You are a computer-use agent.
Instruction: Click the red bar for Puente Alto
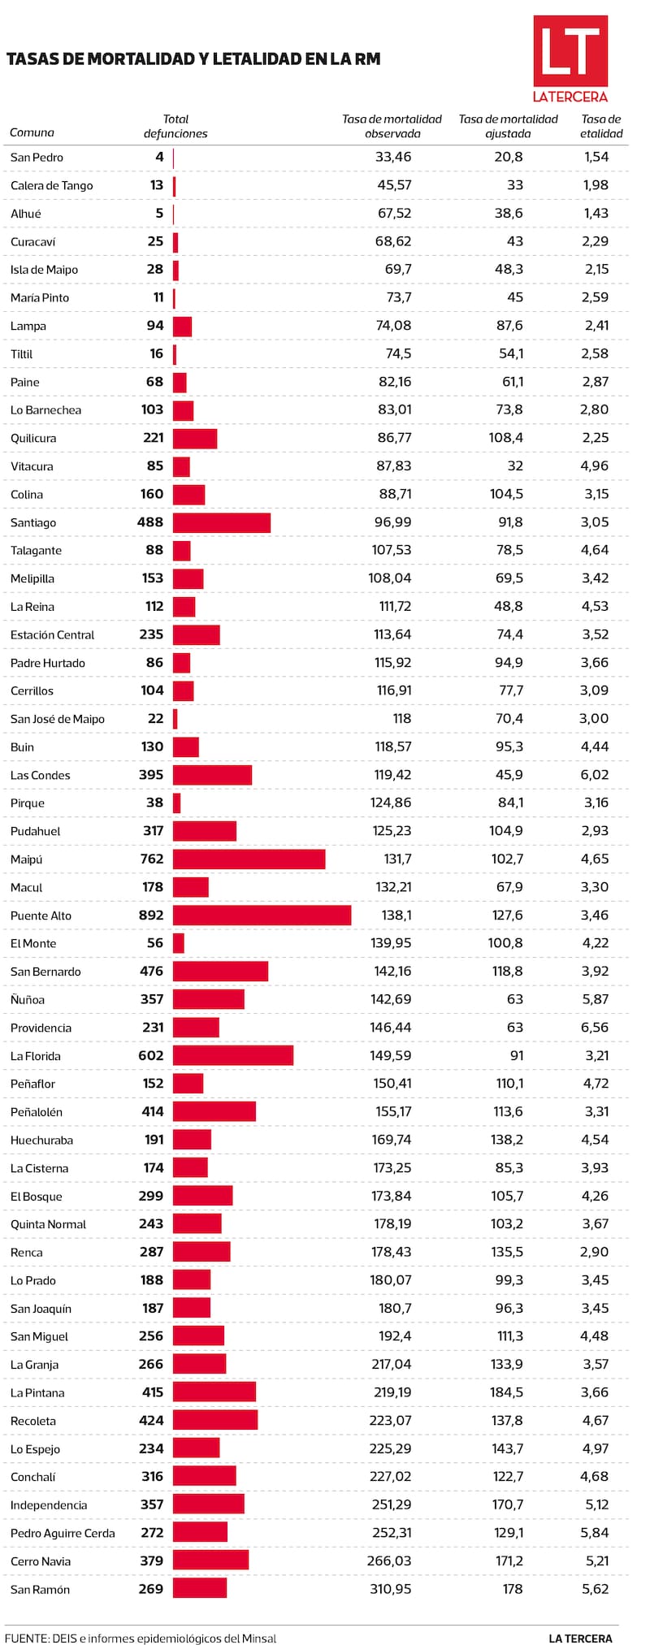pyautogui.click(x=262, y=916)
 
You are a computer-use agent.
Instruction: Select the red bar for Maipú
pyautogui.click(x=249, y=859)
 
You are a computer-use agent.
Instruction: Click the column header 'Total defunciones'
pyautogui.click(x=175, y=126)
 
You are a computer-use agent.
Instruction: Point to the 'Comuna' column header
pyautogui.click(x=32, y=132)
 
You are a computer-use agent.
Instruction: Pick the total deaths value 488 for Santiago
pyautogui.click(x=150, y=522)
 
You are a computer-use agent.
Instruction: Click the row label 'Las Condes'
pyautogui.click(x=41, y=775)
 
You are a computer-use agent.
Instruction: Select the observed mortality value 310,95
pyautogui.click(x=391, y=1588)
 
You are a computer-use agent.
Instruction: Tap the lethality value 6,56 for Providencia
pyautogui.click(x=595, y=1027)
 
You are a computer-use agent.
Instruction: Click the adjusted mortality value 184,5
pyautogui.click(x=507, y=1392)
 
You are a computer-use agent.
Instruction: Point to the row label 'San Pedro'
pyautogui.click(x=37, y=158)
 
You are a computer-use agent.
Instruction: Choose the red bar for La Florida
pyautogui.click(x=232, y=1055)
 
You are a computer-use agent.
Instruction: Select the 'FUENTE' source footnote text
pyautogui.click(x=141, y=1631)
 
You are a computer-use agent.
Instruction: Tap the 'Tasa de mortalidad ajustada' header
pyautogui.click(x=508, y=126)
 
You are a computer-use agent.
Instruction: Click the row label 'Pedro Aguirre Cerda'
pyautogui.click(x=63, y=1533)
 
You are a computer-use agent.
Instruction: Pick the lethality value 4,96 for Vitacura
pyautogui.click(x=595, y=465)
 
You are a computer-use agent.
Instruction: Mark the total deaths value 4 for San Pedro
pyautogui.click(x=159, y=157)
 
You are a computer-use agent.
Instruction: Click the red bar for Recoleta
pyautogui.click(x=215, y=1420)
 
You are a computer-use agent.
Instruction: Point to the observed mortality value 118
pyautogui.click(x=401, y=718)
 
